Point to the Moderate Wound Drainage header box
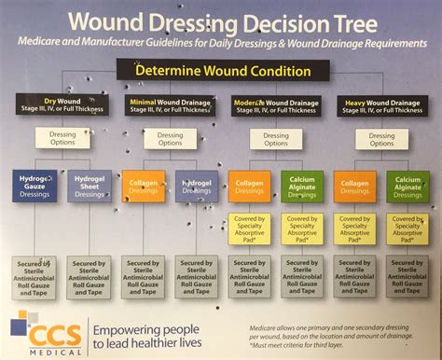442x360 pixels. click(x=275, y=104)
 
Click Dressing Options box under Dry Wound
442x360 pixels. click(x=63, y=139)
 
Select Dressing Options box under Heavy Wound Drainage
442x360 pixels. click(x=381, y=139)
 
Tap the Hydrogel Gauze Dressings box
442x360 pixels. click(x=36, y=187)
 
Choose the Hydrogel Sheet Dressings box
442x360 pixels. click(x=90, y=187)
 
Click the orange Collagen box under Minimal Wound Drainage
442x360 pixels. click(x=144, y=187)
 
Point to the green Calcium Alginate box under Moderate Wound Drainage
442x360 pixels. click(x=303, y=187)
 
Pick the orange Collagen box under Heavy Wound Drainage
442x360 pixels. click(x=356, y=187)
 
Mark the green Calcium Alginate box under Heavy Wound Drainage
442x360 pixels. click(x=409, y=187)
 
